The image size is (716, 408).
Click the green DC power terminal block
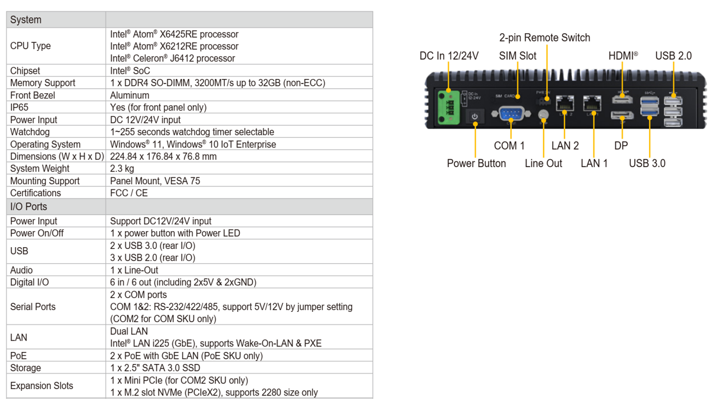(x=449, y=108)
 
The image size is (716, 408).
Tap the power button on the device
(x=474, y=116)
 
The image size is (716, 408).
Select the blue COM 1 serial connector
(x=511, y=113)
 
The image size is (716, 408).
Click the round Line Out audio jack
(x=543, y=114)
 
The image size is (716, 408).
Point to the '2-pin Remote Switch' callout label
(x=545, y=38)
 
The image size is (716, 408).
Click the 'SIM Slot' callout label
(x=517, y=56)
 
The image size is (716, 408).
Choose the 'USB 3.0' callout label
(x=647, y=163)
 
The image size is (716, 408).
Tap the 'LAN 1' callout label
(x=594, y=163)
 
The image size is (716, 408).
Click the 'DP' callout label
(x=621, y=146)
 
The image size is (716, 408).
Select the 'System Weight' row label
(x=39, y=168)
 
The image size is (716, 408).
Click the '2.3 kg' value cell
(x=122, y=168)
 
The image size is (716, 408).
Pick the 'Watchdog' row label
(x=30, y=132)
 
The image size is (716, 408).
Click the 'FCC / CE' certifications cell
(x=129, y=193)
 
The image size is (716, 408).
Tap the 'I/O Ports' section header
(x=29, y=207)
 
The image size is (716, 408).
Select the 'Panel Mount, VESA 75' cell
(x=155, y=181)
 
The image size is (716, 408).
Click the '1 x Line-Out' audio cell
(x=135, y=270)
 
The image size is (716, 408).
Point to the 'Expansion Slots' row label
(x=42, y=386)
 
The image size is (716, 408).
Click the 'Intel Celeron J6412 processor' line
(x=173, y=58)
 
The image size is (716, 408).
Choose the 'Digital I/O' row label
(x=29, y=282)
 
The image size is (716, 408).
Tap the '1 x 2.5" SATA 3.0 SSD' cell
(x=155, y=368)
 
